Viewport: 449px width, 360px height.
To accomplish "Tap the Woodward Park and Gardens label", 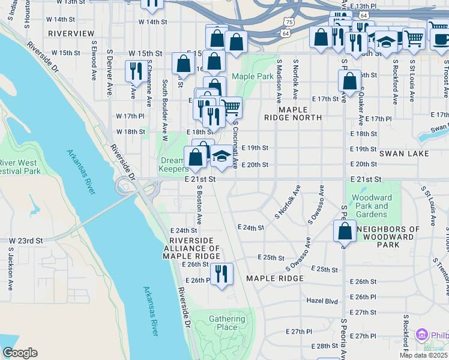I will [x=371, y=206].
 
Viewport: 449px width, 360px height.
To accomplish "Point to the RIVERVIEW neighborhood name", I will [x=71, y=33].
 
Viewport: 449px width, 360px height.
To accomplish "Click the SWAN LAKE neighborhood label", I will [x=404, y=154].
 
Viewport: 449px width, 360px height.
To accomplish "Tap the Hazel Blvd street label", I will [x=322, y=300].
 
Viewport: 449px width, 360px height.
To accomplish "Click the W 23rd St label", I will [x=26, y=240].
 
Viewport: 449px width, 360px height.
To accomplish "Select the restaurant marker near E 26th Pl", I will [x=222, y=274].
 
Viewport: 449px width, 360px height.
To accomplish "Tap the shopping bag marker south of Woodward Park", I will [x=346, y=232].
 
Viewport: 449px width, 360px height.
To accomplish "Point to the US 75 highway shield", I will [x=289, y=22].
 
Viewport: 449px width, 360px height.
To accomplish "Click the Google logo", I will [x=20, y=352].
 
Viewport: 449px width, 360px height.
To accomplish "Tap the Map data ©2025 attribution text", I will [x=423, y=355].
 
